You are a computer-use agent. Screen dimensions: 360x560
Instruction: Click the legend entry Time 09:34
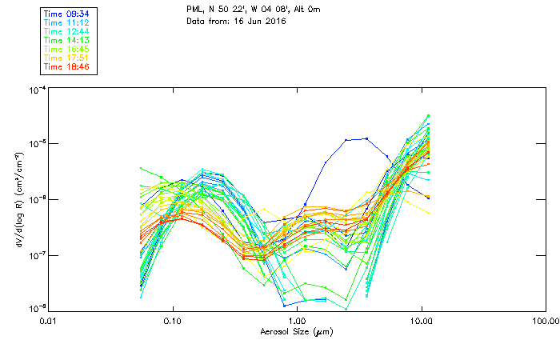click(x=67, y=13)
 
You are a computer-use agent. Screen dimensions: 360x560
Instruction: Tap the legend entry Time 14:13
click(x=67, y=39)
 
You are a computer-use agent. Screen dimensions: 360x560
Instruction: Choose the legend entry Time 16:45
click(x=67, y=48)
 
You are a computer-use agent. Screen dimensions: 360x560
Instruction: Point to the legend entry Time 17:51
click(x=67, y=57)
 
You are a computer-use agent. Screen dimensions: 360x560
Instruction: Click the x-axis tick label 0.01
click(x=49, y=320)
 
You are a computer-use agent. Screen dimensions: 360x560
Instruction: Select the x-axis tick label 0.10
click(x=173, y=320)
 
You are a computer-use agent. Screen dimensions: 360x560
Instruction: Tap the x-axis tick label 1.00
click(x=297, y=320)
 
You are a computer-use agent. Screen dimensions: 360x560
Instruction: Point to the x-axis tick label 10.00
click(x=421, y=320)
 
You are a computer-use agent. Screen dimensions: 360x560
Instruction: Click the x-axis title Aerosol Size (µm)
click(x=296, y=330)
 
